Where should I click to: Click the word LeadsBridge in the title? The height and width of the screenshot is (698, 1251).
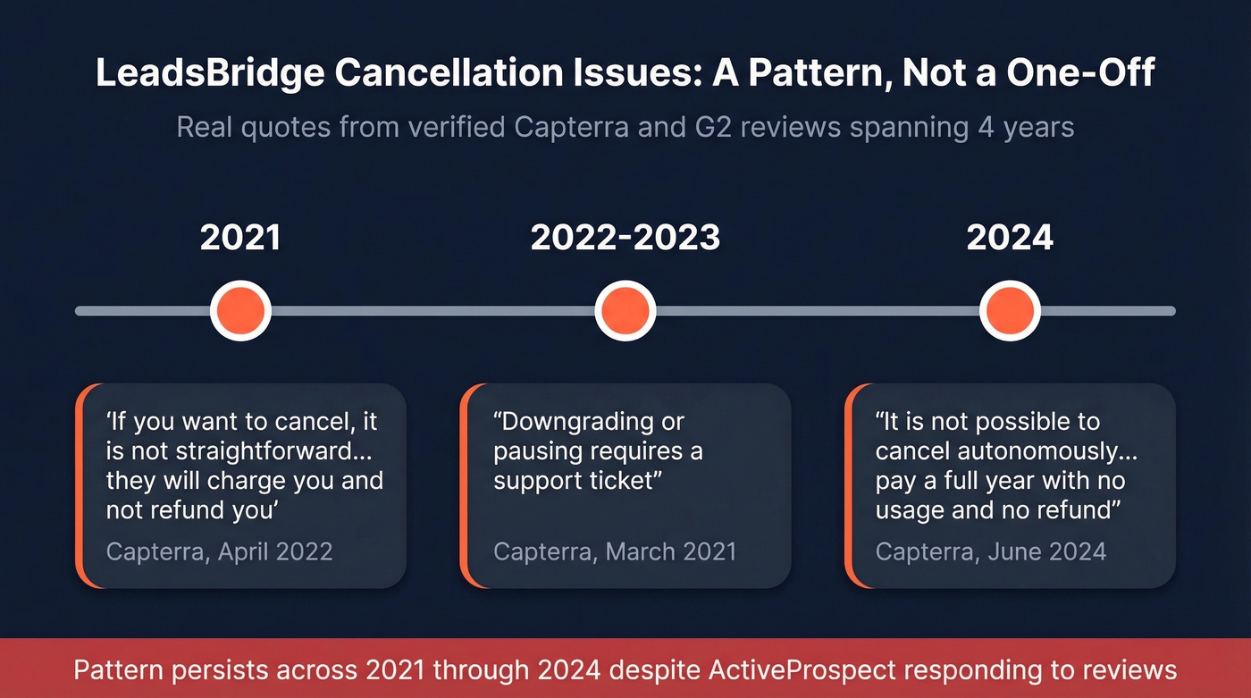coord(208,73)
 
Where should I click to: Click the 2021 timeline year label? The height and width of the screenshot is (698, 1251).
coord(240,238)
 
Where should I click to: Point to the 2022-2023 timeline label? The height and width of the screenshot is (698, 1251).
coord(625,238)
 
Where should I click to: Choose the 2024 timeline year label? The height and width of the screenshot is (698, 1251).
coord(1010,238)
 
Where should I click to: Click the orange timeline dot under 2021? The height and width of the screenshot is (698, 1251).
coord(240,311)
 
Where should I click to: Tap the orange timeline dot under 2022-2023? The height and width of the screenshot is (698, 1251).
coord(625,311)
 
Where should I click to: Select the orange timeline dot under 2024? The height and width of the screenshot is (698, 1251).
coord(1010,311)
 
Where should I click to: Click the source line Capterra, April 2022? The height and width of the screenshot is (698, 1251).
coord(219,551)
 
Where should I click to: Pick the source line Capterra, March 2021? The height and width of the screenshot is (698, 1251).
coord(615,551)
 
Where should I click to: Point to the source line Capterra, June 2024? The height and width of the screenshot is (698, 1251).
coord(991,551)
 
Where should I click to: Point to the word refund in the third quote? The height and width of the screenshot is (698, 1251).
coord(1079,509)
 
